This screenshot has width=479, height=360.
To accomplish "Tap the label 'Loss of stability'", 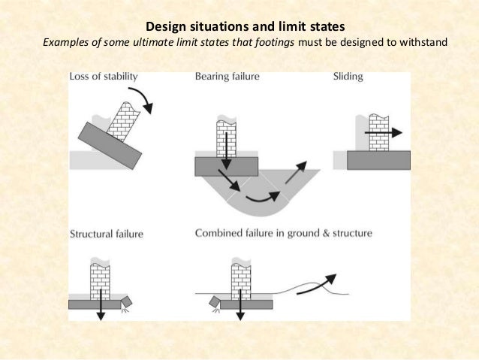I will (x=104, y=77).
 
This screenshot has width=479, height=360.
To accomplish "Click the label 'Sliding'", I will (x=348, y=77).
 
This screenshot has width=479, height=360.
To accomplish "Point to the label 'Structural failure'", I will (x=106, y=234).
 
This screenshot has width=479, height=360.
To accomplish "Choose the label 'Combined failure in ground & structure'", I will (x=283, y=234).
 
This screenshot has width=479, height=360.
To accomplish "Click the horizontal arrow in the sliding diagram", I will (x=384, y=131).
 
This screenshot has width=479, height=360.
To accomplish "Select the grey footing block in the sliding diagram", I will (x=379, y=159).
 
